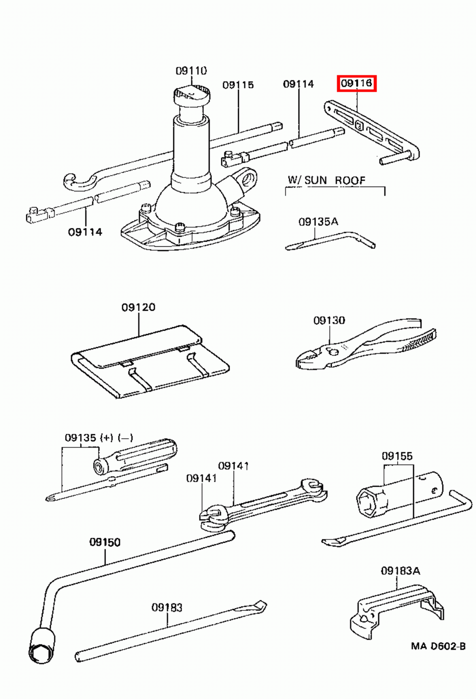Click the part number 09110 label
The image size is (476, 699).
[x=191, y=71]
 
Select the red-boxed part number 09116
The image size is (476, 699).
[x=356, y=83]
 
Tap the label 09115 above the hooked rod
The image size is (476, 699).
[x=238, y=85]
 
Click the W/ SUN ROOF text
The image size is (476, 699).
[x=326, y=180]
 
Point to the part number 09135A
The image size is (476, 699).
[x=318, y=221]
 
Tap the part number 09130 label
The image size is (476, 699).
[x=329, y=321]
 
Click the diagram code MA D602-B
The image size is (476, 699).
[x=438, y=646]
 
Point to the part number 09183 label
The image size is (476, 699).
[x=167, y=607]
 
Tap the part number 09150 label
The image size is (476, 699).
[x=105, y=542]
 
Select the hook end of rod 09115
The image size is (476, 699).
[x=77, y=182]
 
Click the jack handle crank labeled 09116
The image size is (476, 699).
[x=372, y=131]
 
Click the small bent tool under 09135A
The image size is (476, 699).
[x=330, y=241]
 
